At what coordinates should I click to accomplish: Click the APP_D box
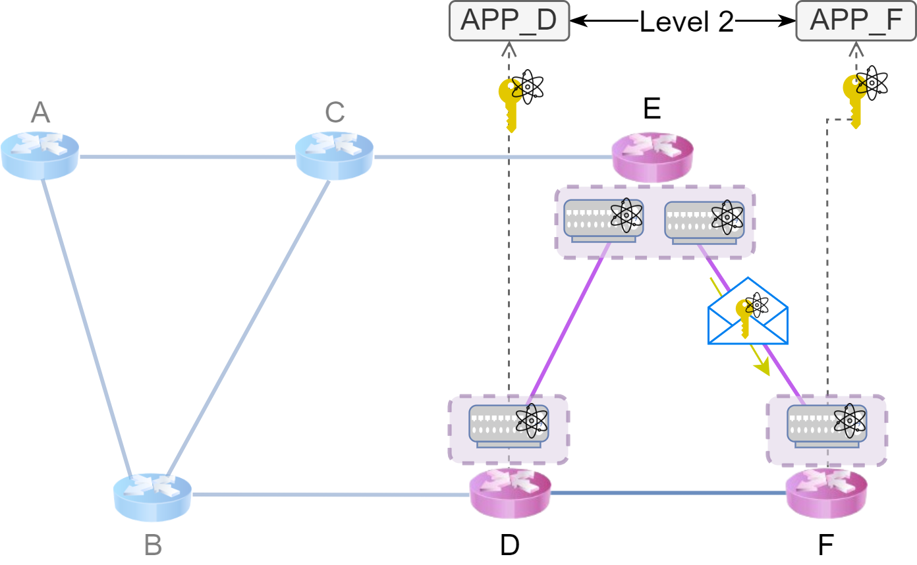tap(509, 22)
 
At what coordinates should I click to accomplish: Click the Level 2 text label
tap(686, 22)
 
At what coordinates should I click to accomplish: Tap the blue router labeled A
tap(40, 155)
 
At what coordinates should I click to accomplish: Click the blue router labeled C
tap(334, 155)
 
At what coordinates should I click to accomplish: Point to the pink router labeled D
tap(509, 495)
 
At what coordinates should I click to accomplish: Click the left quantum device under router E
tap(603, 220)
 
